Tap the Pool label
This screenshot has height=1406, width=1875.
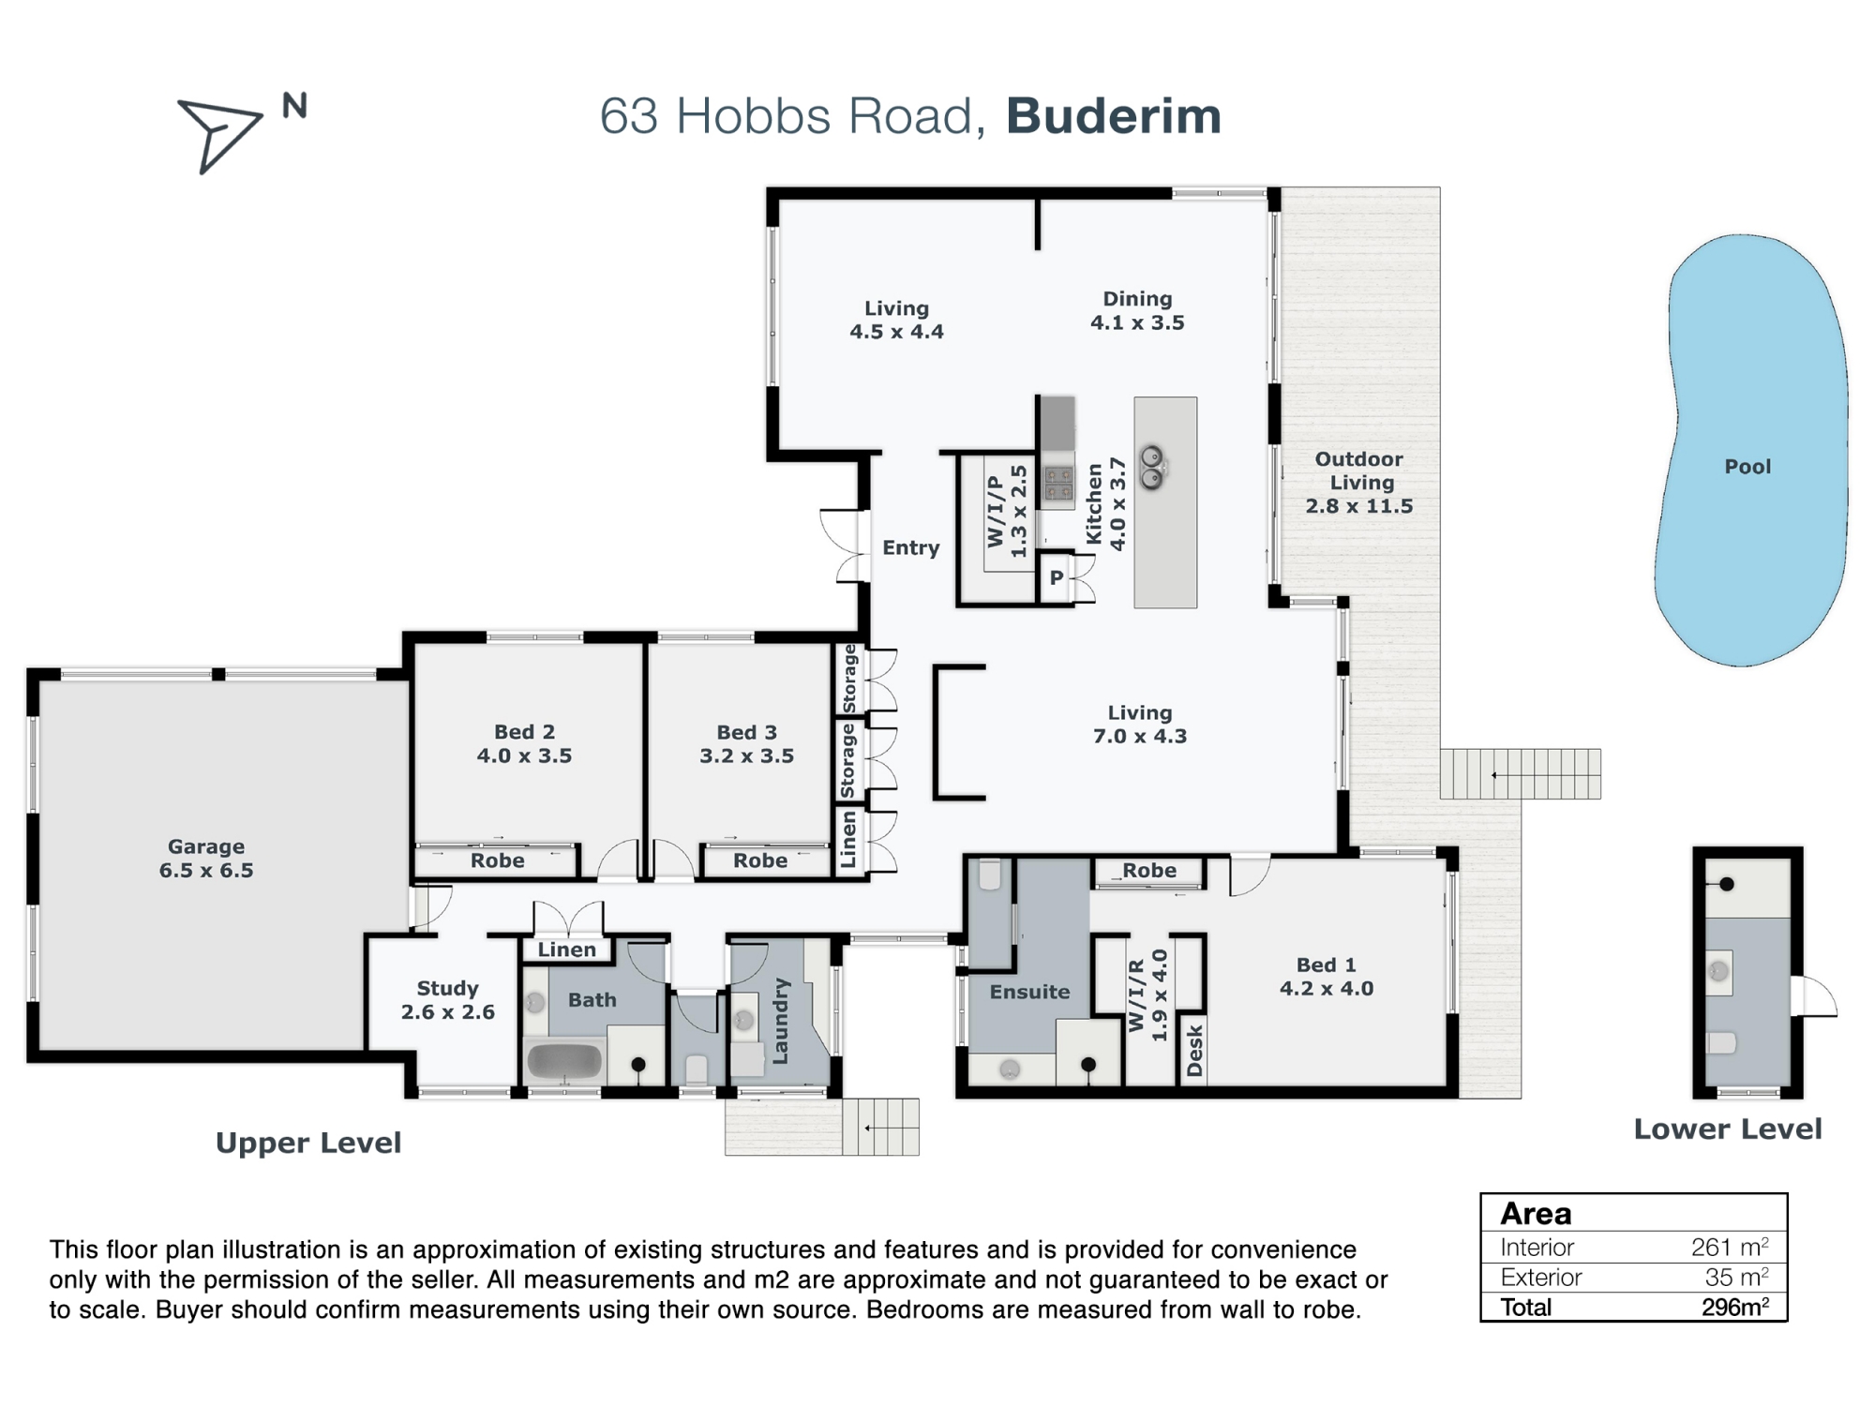(1747, 466)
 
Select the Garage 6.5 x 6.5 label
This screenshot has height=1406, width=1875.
(206, 858)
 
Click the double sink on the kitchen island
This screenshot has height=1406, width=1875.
(1152, 467)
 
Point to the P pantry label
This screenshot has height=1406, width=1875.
(1057, 577)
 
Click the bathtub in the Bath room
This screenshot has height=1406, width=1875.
(564, 1061)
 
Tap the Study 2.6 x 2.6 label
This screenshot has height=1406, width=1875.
(447, 999)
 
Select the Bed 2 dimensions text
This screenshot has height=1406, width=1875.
(524, 755)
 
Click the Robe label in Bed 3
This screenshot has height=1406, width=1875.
(760, 860)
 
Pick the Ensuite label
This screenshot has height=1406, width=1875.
(1029, 992)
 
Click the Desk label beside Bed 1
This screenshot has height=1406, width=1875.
(1194, 1051)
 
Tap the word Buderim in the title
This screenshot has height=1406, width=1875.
(1114, 116)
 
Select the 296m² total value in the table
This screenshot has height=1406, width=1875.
(1734, 1307)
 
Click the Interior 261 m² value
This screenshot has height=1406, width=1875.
(1729, 1248)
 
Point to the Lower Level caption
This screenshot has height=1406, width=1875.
(1727, 1129)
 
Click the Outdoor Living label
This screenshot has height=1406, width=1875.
(1359, 482)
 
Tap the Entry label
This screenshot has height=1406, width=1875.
(910, 547)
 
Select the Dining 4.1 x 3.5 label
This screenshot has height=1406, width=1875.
(1137, 310)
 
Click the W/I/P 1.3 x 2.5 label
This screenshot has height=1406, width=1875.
(1007, 511)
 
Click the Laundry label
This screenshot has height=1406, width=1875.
(780, 1022)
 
